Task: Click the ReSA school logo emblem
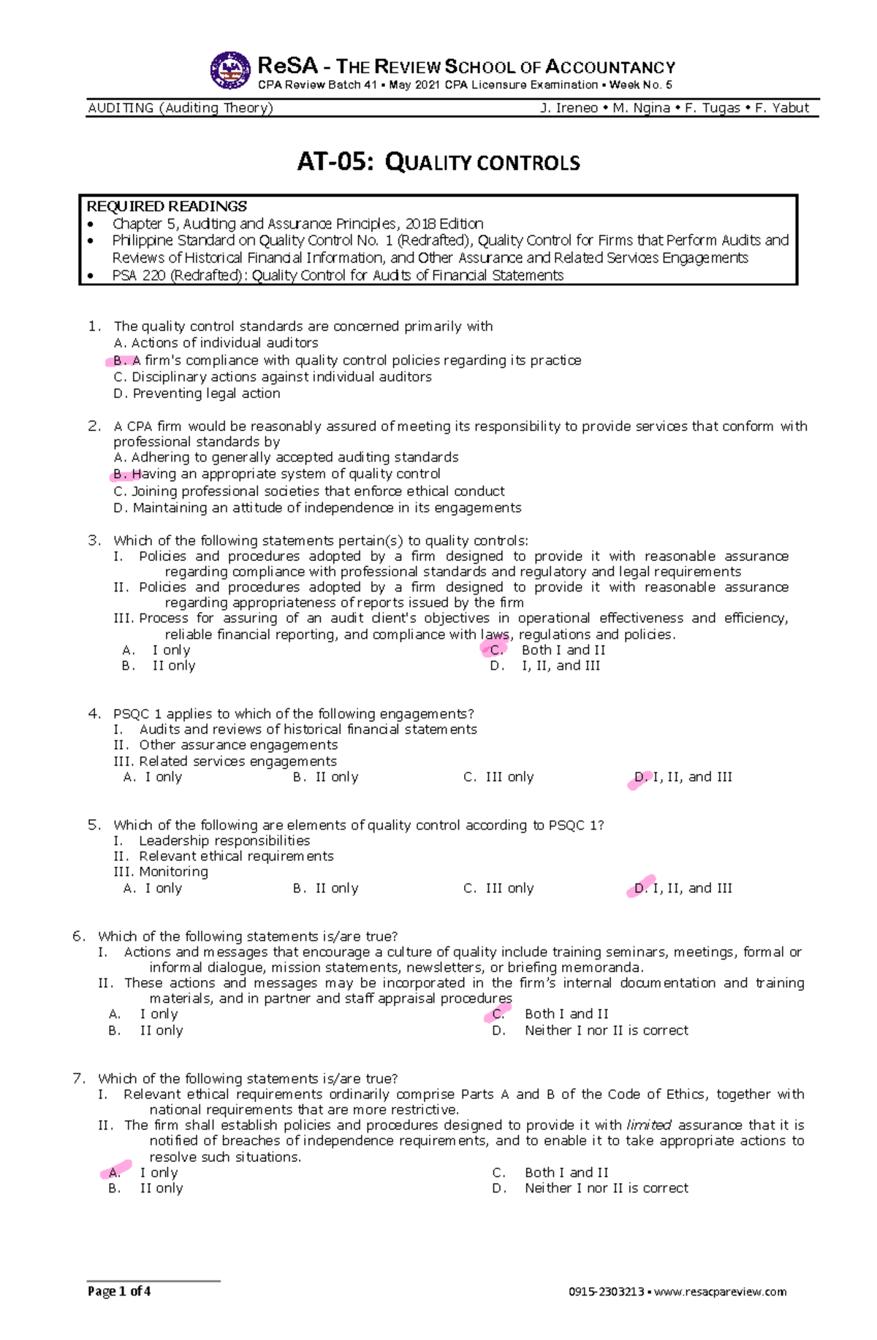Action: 229,71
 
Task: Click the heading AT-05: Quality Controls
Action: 438,162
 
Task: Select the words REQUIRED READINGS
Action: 167,207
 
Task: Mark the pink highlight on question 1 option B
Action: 121,360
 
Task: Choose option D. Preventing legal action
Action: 197,394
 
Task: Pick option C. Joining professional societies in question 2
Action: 309,491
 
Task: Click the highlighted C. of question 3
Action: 496,649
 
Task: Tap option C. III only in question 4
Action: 499,777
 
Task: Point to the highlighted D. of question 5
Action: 641,887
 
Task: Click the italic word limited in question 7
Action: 649,1125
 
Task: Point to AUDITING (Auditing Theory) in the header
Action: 180,108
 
